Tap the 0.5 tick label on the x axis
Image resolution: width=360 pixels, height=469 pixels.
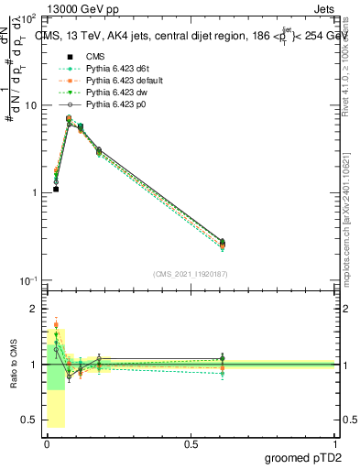click(191, 443)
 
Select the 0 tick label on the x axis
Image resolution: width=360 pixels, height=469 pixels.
click(47, 443)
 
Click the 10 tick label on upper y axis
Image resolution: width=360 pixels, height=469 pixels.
click(31, 105)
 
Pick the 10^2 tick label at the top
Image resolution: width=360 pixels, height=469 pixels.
click(29, 18)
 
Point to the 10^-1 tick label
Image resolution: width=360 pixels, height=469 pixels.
click(28, 280)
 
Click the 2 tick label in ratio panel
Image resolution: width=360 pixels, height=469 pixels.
click(35, 309)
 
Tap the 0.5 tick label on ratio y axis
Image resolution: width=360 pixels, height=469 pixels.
click(29, 420)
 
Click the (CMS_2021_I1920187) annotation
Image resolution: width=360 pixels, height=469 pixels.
click(190, 274)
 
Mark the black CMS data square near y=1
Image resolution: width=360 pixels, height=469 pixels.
click(56, 189)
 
